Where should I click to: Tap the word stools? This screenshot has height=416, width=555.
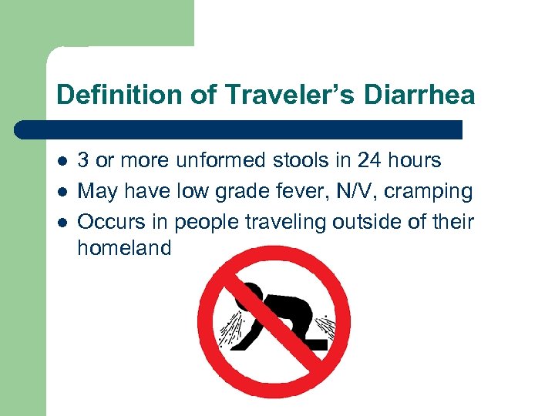coord(296,160)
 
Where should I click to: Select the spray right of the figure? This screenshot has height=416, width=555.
coord(328,327)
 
